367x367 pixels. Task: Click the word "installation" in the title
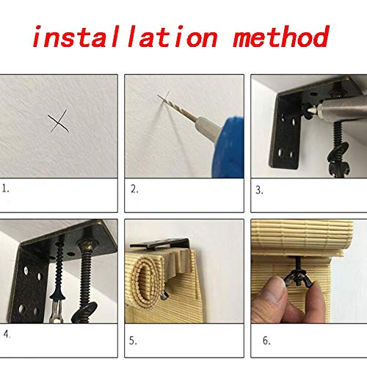tap(125, 37)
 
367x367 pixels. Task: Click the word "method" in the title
tap(281, 36)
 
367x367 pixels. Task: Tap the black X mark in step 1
tap(58, 121)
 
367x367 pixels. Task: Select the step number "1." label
tap(5, 189)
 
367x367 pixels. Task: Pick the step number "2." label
tap(134, 189)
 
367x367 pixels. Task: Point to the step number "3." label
tap(259, 190)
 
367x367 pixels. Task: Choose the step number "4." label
tap(7, 334)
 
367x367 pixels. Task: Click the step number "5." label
tap(133, 341)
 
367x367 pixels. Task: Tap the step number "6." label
tap(266, 341)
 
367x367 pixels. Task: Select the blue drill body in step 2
tap(229, 148)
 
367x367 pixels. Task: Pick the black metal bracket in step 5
tap(161, 244)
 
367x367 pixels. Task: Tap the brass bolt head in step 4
tap(87, 244)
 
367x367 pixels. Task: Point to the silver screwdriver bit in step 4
tap(57, 310)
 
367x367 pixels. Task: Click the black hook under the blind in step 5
tap(164, 295)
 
